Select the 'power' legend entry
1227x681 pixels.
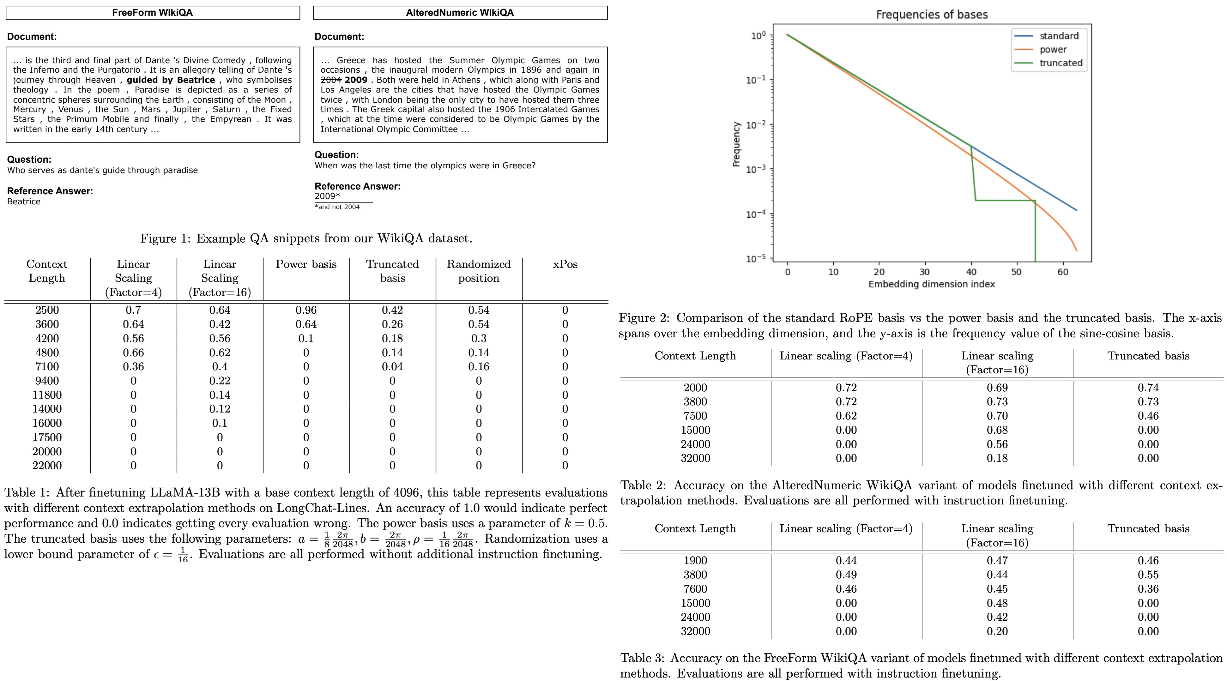[1053, 50]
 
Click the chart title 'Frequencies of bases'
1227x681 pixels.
[932, 15]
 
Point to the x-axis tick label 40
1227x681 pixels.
[971, 272]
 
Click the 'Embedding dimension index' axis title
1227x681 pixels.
[931, 284]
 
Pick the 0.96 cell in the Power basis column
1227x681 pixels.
[306, 310]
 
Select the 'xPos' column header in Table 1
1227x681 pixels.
[565, 264]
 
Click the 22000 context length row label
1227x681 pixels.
[47, 465]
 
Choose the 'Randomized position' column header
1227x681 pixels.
[478, 271]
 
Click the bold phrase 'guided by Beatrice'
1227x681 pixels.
[171, 80]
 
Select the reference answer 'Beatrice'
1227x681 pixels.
[24, 202]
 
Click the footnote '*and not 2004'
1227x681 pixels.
[337, 207]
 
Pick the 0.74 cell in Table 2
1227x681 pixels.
[1148, 388]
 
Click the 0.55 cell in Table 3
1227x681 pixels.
[1148, 575]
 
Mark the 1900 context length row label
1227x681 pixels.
[695, 561]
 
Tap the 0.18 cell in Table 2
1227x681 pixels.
[997, 458]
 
